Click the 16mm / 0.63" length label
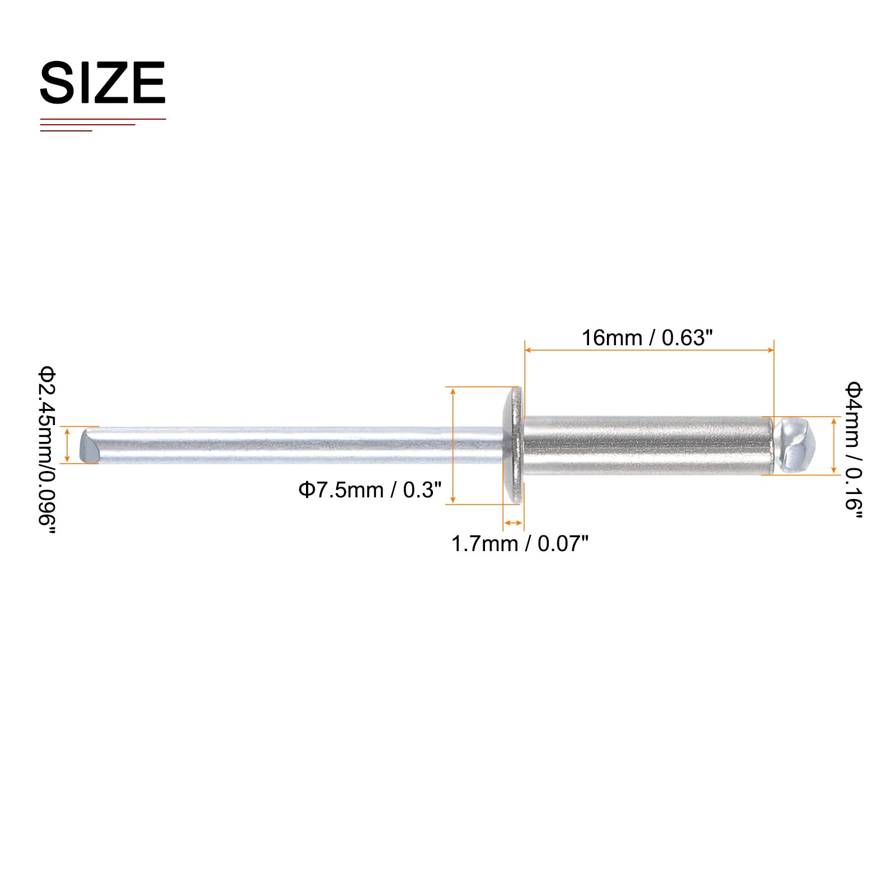[647, 338]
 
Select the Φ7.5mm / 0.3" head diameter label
[370, 490]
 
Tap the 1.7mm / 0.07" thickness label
[520, 544]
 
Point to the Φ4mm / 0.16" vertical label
[854, 450]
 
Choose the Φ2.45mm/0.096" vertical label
[48, 450]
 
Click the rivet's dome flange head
[514, 446]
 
